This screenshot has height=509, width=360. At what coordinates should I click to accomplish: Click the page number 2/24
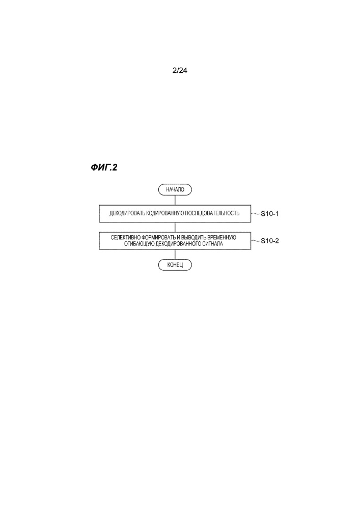(x=180, y=70)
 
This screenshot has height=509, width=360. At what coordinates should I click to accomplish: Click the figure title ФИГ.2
(x=104, y=167)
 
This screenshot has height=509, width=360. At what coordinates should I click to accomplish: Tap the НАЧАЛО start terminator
(x=175, y=189)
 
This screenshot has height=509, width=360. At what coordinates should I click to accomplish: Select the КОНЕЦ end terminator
(x=175, y=265)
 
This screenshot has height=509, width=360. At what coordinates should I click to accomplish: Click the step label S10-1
(x=269, y=214)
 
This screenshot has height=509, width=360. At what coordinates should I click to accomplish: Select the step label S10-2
(x=269, y=241)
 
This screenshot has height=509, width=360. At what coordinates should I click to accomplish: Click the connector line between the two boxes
(x=175, y=227)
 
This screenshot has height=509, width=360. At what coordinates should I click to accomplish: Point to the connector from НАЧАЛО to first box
(x=175, y=200)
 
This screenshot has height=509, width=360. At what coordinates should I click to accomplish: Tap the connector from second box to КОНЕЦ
(x=175, y=254)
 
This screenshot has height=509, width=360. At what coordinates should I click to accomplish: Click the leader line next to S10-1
(x=255, y=213)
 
